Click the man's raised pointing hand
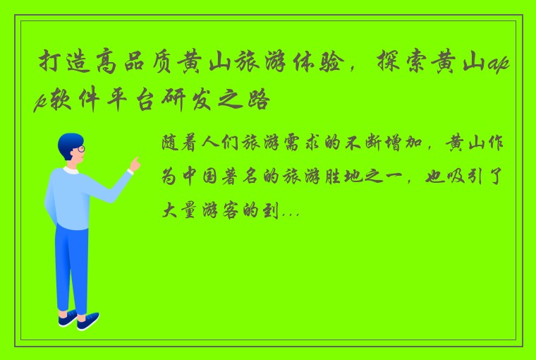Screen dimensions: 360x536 click(x=134, y=164)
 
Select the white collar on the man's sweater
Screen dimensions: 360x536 click(x=71, y=170)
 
